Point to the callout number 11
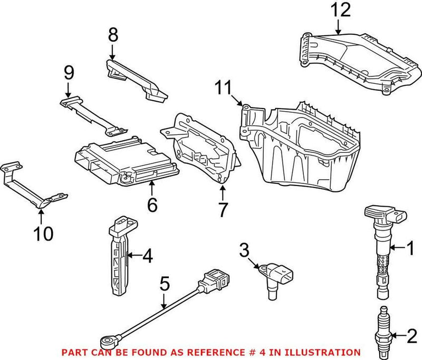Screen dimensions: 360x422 pos(224,87)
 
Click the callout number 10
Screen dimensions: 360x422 pos(44,233)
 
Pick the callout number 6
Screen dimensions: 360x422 pos(152,205)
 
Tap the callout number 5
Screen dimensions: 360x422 pos(165,285)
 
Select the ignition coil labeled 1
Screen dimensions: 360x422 pos(382,248)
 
